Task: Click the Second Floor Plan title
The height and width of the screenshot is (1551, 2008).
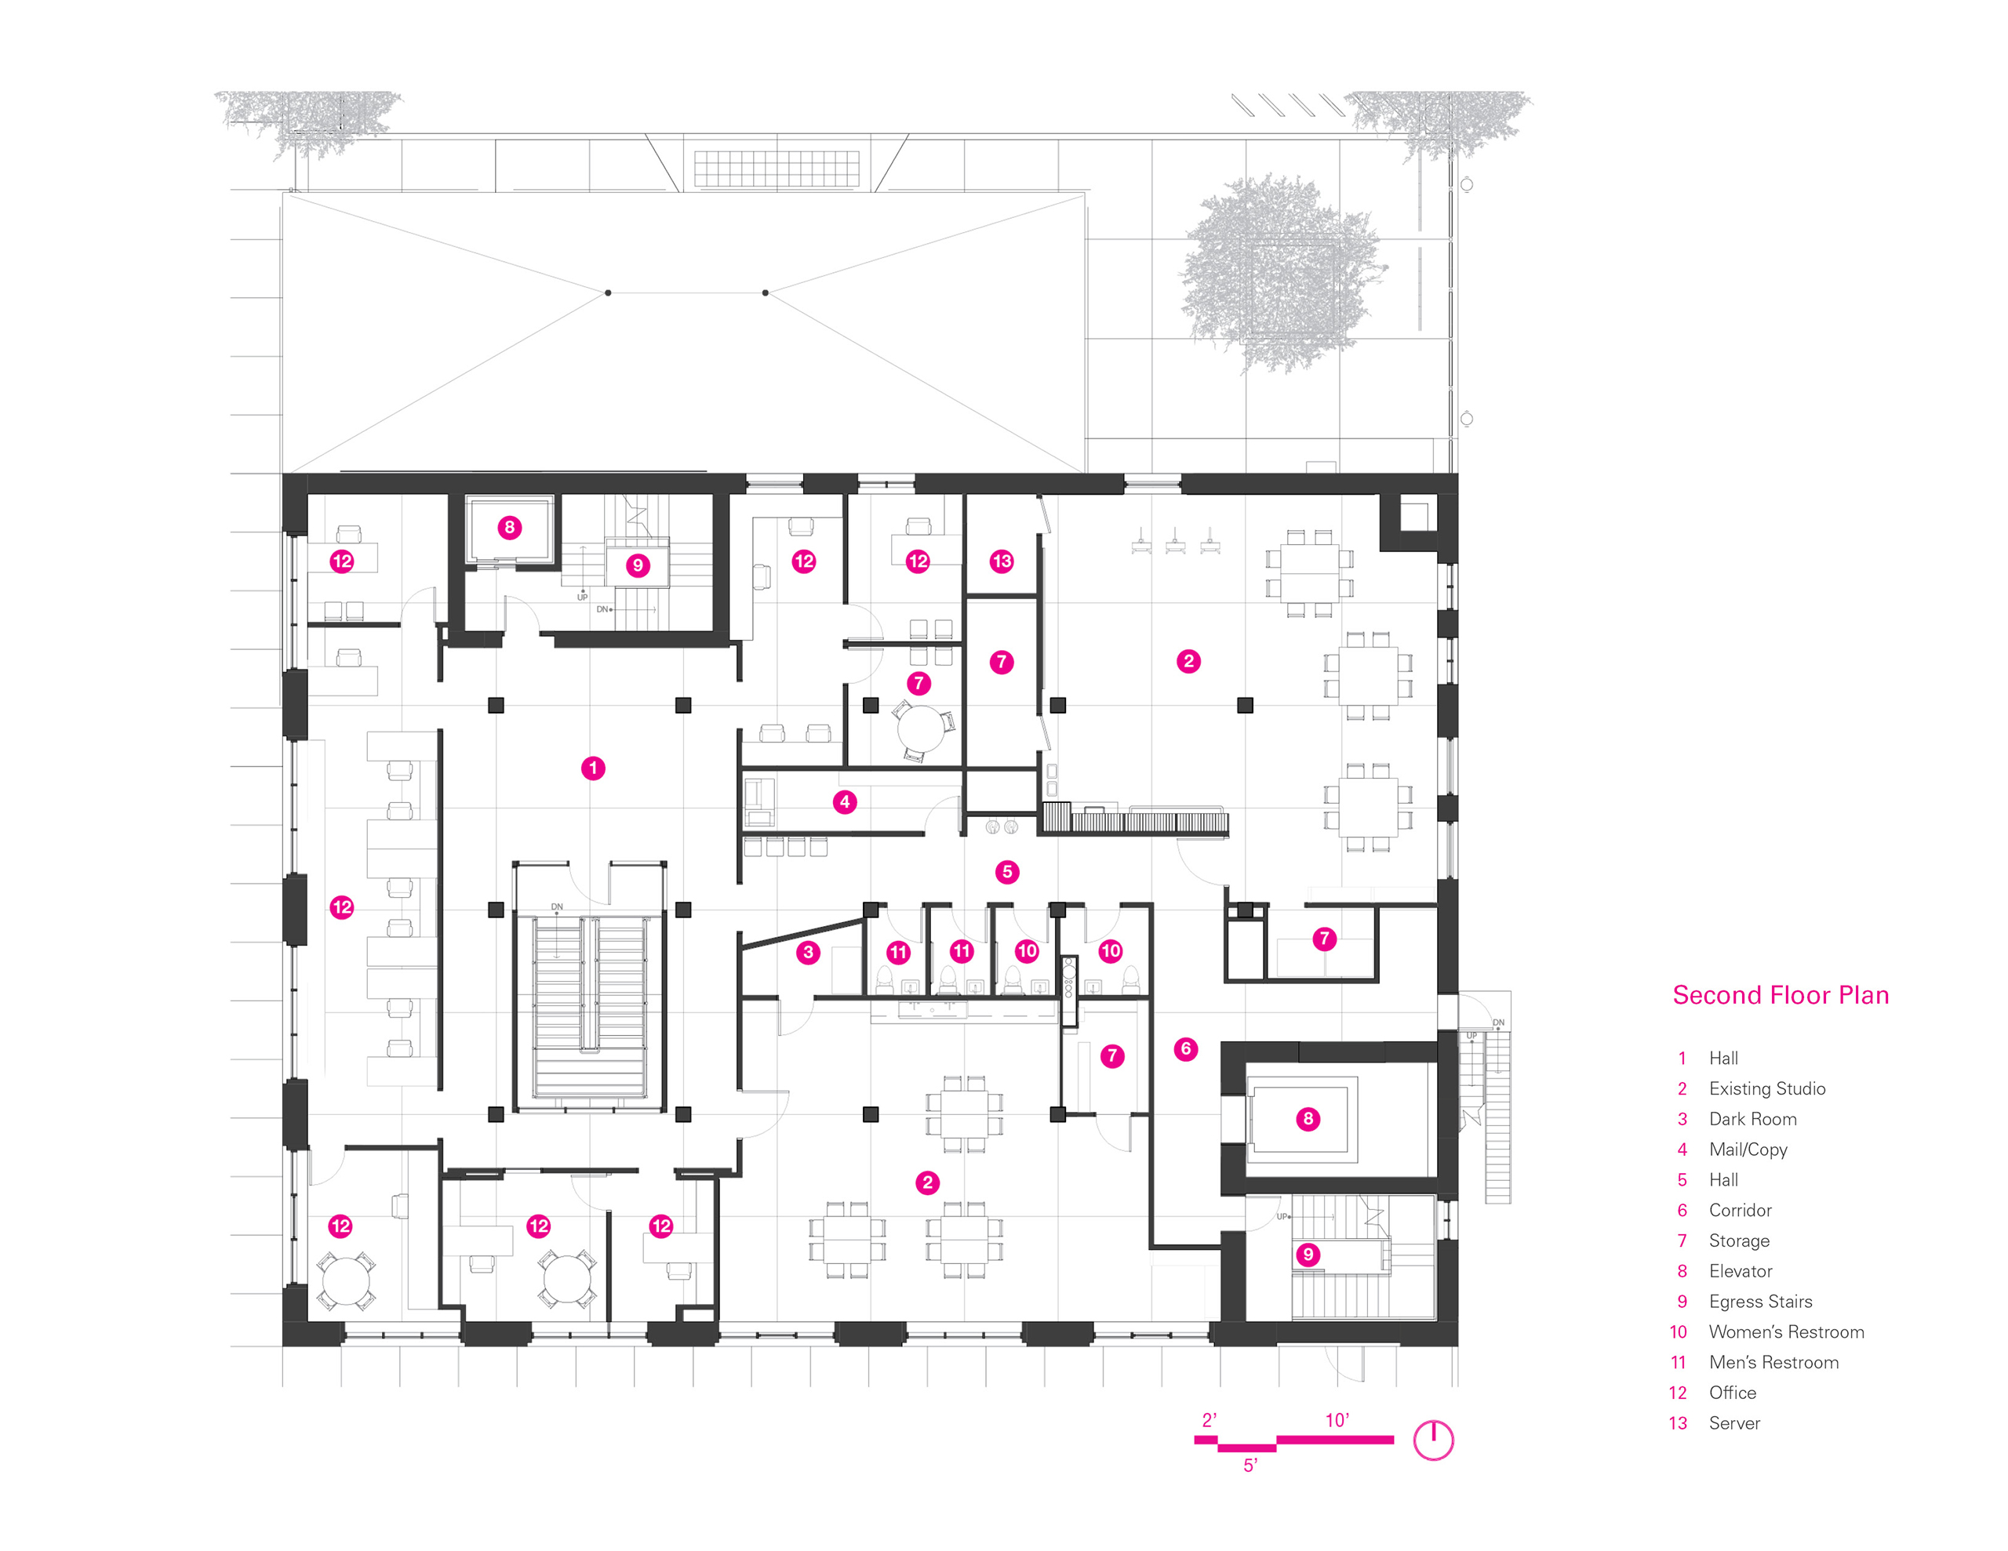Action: coord(1780,995)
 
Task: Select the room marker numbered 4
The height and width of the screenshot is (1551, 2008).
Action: coord(844,801)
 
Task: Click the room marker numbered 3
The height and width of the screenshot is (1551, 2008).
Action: coord(808,952)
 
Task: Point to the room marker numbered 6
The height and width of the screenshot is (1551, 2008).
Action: coord(1185,1049)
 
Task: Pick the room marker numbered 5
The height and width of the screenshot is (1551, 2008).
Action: coord(1007,872)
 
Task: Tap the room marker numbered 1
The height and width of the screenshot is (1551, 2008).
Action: coord(593,768)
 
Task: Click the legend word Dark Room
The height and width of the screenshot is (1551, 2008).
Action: coord(1752,1119)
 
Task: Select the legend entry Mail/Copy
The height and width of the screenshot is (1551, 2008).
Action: coord(1748,1150)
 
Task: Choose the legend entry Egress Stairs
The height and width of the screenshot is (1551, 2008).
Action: coord(1760,1301)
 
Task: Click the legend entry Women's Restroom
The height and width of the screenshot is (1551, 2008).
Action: coord(1785,1331)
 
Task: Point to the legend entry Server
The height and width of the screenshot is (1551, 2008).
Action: coord(1734,1423)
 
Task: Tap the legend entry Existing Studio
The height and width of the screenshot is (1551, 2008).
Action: coord(1766,1088)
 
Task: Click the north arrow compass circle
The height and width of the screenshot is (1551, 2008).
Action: coord(1432,1440)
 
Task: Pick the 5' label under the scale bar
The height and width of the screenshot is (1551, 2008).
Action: coord(1250,1466)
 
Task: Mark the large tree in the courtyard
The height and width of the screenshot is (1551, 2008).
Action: coord(1280,273)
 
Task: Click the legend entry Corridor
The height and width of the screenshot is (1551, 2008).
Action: coord(1740,1210)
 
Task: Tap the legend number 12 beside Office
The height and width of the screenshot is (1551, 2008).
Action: coord(1678,1393)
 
